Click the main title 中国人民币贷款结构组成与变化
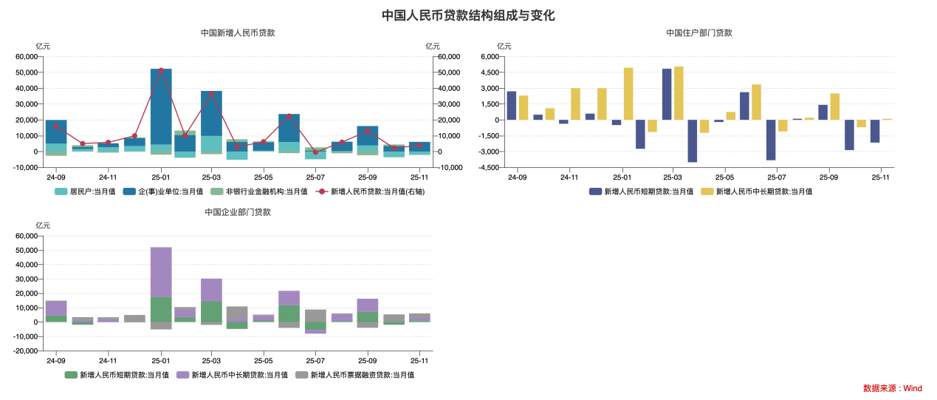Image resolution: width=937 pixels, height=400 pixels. click(468, 16)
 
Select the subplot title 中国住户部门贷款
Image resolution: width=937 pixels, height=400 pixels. click(699, 33)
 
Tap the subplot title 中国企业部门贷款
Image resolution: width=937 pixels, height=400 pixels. click(238, 212)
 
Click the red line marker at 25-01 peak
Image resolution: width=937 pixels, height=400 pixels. click(161, 70)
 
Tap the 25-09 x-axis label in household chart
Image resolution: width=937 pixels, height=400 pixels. click(828, 177)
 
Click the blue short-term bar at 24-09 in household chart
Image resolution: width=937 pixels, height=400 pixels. click(511, 106)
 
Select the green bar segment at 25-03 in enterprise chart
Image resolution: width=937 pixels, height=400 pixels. click(212, 311)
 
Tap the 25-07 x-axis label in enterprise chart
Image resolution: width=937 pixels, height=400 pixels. click(315, 361)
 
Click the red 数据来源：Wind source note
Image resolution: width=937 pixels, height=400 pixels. click(892, 388)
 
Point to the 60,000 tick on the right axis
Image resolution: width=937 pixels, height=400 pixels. click(449, 57)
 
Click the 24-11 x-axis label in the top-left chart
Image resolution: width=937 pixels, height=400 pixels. click(108, 177)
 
